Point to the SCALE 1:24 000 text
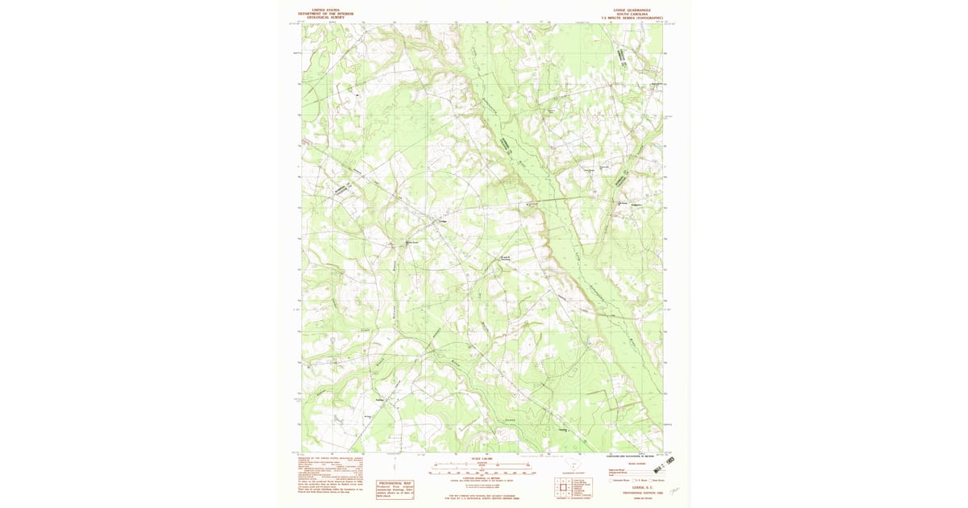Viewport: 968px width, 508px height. pos(481,459)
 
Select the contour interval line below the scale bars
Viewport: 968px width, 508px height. pos(481,478)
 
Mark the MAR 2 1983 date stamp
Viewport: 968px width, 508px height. pos(664,464)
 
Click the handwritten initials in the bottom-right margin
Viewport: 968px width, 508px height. pos(674,492)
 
